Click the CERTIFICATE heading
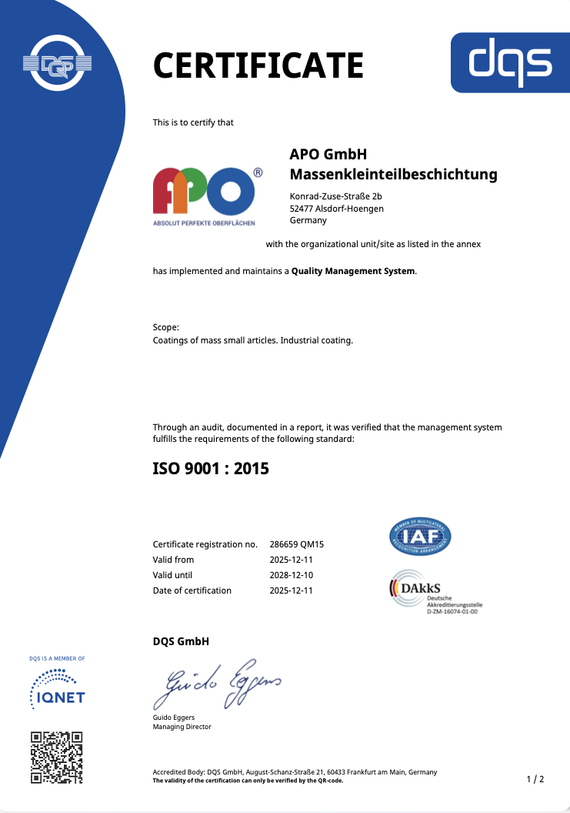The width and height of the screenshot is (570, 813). pyautogui.click(x=258, y=65)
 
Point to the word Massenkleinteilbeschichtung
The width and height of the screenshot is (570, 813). pyautogui.click(x=393, y=175)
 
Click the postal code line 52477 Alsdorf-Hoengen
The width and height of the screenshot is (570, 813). pyautogui.click(x=336, y=208)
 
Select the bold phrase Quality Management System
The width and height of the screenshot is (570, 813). pyautogui.click(x=353, y=271)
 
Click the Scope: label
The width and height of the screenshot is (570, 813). pyautogui.click(x=165, y=327)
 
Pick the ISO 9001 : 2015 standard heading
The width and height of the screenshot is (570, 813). pyautogui.click(x=211, y=467)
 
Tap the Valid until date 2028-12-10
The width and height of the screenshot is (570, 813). pyautogui.click(x=291, y=575)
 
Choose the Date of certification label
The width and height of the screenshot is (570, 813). pyautogui.click(x=192, y=591)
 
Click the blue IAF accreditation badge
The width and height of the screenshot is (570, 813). pyautogui.click(x=420, y=537)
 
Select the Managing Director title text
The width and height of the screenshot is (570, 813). pyautogui.click(x=182, y=727)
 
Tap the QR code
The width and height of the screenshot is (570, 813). pyautogui.click(x=56, y=758)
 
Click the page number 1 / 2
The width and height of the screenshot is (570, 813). pyautogui.click(x=535, y=779)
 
